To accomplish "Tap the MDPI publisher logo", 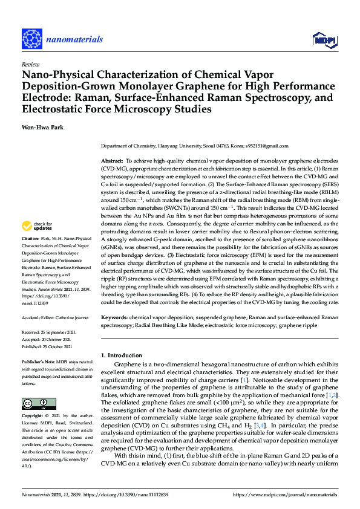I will click(324, 40).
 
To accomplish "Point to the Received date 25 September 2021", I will click(63, 332).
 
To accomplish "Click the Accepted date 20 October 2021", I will click(62, 338).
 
